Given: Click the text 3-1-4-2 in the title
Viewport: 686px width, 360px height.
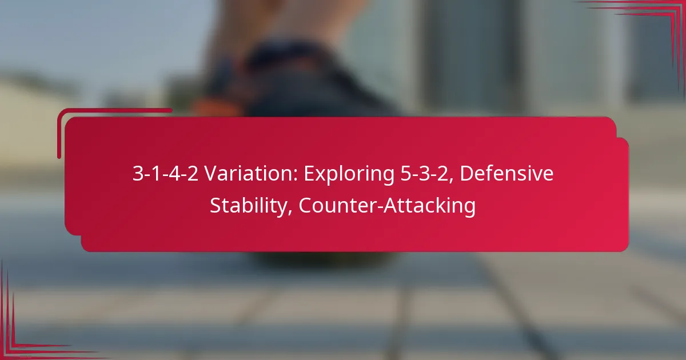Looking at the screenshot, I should point(165,174).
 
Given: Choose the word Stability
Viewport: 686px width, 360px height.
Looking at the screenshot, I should point(250,206).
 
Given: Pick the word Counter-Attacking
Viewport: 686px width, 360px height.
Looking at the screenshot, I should point(387,206).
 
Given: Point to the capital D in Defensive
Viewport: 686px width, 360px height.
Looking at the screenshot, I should point(467,174).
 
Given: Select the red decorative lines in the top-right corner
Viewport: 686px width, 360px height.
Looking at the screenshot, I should point(657,23).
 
